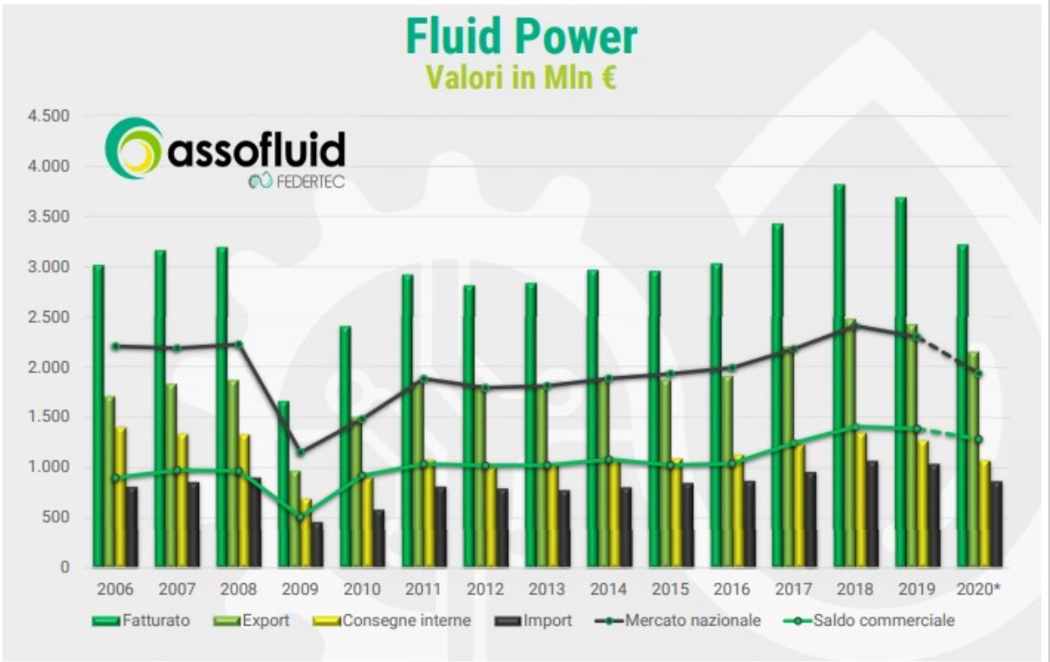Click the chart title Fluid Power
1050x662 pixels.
(521, 36)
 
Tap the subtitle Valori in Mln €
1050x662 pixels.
(521, 77)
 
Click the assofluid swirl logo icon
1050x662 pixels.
(133, 148)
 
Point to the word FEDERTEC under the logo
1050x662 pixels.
(311, 182)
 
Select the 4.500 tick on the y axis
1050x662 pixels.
(48, 116)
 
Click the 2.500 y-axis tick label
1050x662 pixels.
(48, 317)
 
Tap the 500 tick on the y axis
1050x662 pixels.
(55, 517)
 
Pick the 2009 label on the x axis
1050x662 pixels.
(300, 589)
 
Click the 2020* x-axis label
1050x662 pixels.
(978, 589)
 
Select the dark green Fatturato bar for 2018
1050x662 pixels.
(839, 375)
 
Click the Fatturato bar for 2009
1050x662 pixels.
(284, 484)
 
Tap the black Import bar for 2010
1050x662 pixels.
(379, 538)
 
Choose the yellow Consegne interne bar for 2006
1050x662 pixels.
(121, 497)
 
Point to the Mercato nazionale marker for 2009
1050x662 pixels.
(301, 453)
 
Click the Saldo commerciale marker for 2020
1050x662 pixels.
(979, 439)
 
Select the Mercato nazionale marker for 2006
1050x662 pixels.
(116, 347)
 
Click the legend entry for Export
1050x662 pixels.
(251, 620)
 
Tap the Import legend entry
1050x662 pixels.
(533, 620)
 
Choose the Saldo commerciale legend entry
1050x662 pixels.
(869, 620)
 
